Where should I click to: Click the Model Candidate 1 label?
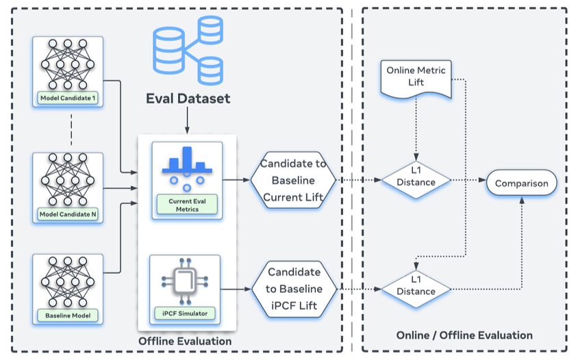coord(68,98)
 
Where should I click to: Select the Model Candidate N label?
coord(68,215)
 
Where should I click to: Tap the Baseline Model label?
coord(68,316)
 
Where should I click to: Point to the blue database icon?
coord(188,49)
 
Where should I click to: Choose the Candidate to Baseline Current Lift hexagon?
coord(293,181)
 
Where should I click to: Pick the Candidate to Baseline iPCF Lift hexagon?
coord(293,290)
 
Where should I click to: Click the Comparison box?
coord(522,183)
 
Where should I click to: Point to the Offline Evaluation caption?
coord(185,341)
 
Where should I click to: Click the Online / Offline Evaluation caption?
coord(464,335)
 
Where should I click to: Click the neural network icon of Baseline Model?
coord(68,281)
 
